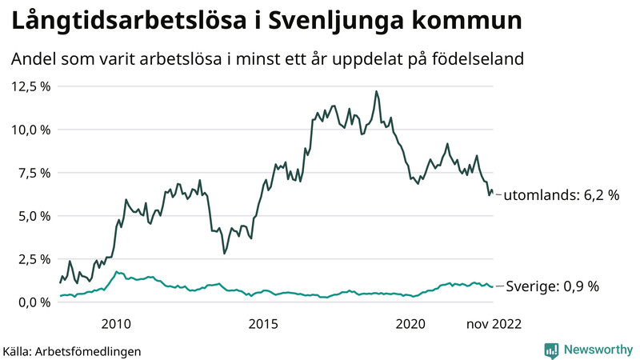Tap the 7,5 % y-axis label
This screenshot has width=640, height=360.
(34, 173)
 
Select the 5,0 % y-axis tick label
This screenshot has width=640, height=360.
(34, 216)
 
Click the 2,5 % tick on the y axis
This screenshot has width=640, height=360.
(34, 259)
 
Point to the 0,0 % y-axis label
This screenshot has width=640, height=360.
(34, 302)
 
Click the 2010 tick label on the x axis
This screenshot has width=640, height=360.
(116, 323)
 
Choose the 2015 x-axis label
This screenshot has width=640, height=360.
(263, 323)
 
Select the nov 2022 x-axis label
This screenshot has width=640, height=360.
(494, 323)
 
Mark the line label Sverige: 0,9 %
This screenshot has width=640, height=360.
(553, 286)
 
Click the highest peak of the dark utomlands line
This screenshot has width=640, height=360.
(376, 92)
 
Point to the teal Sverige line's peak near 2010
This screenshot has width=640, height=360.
(118, 273)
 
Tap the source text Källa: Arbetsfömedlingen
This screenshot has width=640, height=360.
(73, 350)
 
